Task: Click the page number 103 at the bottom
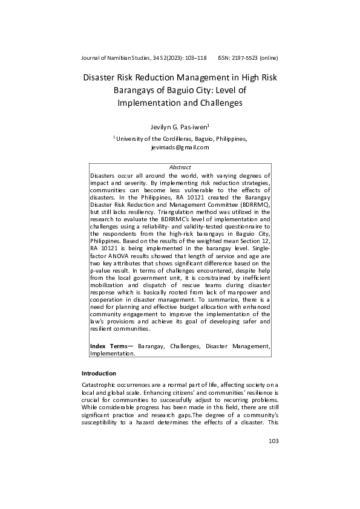click(x=273, y=441)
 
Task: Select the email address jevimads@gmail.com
click(x=180, y=147)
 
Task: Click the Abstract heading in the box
click(x=180, y=167)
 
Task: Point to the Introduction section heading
click(x=99, y=373)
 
